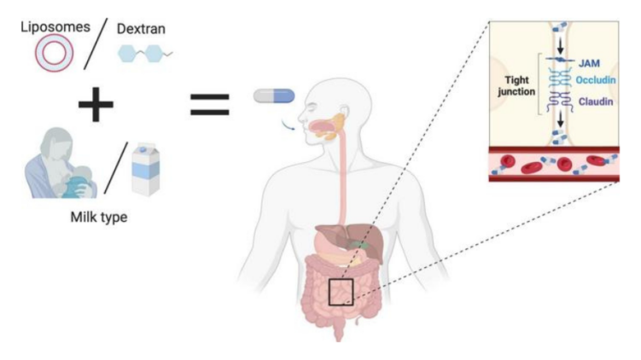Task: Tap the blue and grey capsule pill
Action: pos(273,96)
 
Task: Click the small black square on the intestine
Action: pos(341,292)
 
